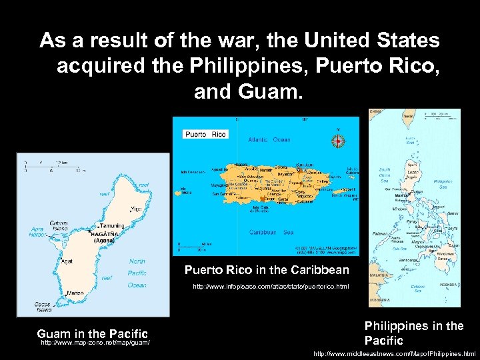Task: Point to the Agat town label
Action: pyautogui.click(x=67, y=261)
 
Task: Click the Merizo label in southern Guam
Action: pyautogui.click(x=75, y=293)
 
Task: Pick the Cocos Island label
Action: pyautogui.click(x=42, y=307)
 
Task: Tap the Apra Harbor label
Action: pyautogui.click(x=39, y=232)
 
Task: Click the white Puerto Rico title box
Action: pyautogui.click(x=205, y=134)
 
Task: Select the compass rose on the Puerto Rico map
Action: pyautogui.click(x=338, y=141)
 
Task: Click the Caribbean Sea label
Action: pyautogui.click(x=272, y=231)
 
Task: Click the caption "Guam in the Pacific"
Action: pyautogui.click(x=92, y=333)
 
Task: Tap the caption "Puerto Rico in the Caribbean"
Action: pyautogui.click(x=267, y=270)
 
